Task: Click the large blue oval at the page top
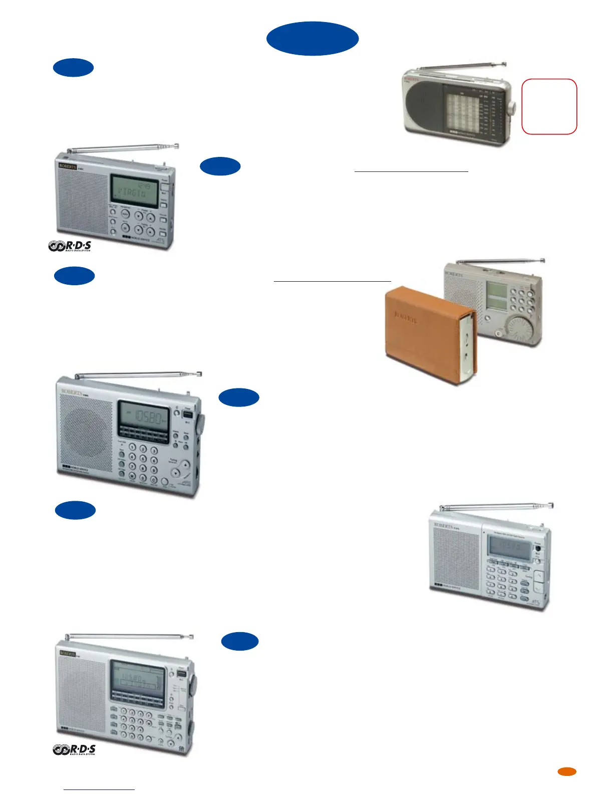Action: (x=313, y=39)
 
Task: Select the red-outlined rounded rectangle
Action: (x=549, y=106)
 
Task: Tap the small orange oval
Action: (x=567, y=772)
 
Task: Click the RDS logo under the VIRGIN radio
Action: (x=70, y=246)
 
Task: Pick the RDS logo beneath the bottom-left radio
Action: (x=74, y=750)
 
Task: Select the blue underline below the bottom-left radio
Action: (x=99, y=789)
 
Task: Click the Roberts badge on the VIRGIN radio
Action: (x=68, y=166)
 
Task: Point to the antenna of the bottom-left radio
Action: (x=129, y=637)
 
